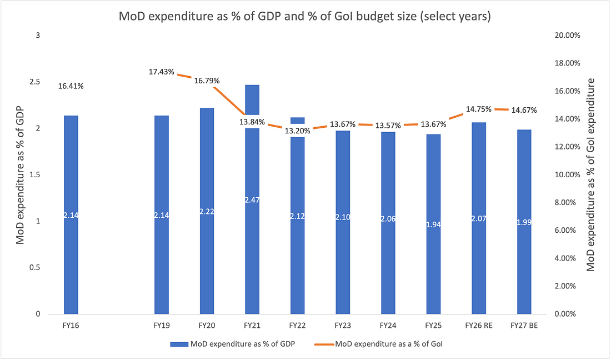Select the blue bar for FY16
[x=71, y=250]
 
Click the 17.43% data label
[x=162, y=72]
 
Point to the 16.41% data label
[x=71, y=86]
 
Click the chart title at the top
[x=305, y=16]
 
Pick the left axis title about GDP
[x=21, y=174]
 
